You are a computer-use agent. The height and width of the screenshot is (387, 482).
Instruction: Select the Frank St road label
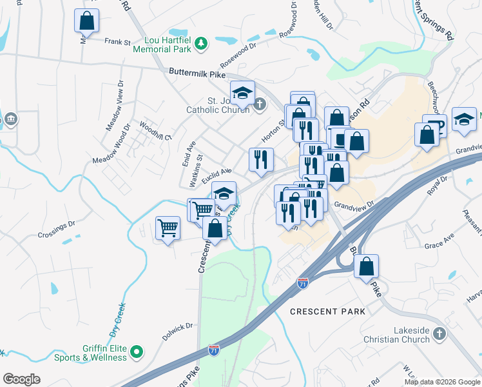118,41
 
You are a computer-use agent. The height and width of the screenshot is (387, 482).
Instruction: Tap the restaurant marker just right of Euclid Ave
261,159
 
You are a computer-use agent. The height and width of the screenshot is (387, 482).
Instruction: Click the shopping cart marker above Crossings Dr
168,227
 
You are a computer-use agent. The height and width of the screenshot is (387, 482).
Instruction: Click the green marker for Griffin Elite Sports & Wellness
136,352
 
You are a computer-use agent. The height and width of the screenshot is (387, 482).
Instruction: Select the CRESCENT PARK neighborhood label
327,312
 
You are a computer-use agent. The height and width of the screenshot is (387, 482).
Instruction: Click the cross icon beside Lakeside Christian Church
439,333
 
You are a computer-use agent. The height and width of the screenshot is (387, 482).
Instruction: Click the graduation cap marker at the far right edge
464,119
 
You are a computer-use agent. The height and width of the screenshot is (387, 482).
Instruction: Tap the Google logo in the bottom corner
21,379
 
